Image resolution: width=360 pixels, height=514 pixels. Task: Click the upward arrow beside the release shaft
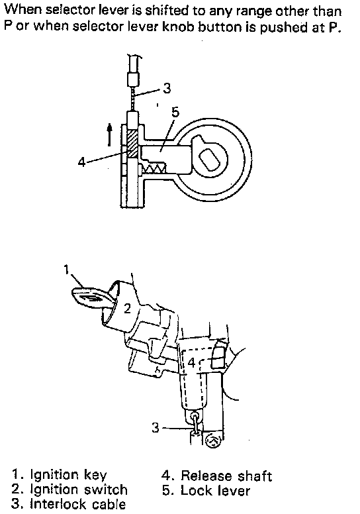coord(109,134)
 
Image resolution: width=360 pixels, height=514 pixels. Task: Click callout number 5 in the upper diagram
coord(175,112)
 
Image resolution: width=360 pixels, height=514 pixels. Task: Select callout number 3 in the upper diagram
coord(167,88)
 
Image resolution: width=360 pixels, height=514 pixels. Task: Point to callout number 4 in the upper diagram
coord(81,162)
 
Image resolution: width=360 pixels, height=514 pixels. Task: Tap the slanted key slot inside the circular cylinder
coord(210,159)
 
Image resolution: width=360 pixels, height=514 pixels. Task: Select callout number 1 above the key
coord(66,269)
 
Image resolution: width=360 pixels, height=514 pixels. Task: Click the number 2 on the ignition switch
coord(127,308)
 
